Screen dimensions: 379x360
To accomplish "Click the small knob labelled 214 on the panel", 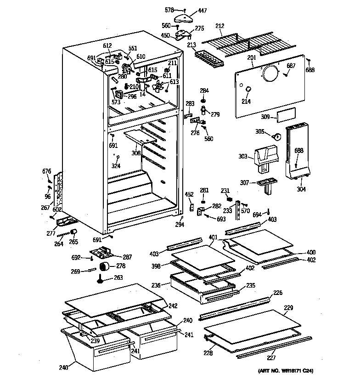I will click(247, 89).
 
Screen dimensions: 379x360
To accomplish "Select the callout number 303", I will click(243, 157).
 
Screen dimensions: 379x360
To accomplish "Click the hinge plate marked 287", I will click(103, 252).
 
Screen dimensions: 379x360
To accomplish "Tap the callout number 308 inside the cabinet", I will click(136, 153).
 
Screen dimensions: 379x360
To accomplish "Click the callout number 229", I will click(288, 307).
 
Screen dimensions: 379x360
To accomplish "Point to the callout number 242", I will click(173, 306).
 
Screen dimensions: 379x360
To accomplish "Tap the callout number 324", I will click(116, 166).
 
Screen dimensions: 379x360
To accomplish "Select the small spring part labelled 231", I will click(228, 198).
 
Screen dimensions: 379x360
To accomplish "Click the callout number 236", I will click(156, 285).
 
